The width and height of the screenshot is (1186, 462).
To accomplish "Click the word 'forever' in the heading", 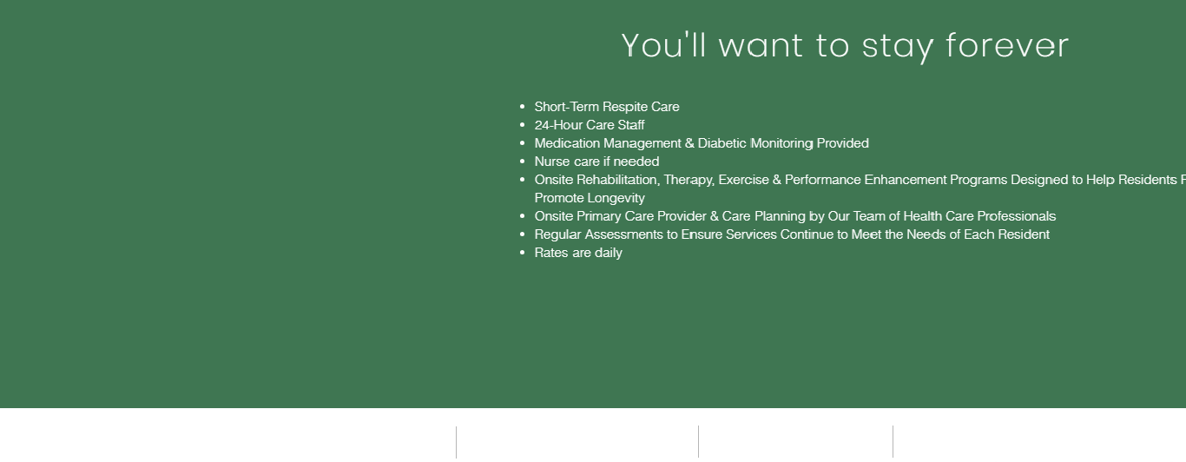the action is click(x=1007, y=45).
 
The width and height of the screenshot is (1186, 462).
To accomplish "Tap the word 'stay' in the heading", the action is click(x=898, y=48).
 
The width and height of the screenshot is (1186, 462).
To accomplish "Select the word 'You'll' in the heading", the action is click(x=664, y=44).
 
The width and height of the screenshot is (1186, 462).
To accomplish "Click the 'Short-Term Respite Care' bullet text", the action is click(x=607, y=107).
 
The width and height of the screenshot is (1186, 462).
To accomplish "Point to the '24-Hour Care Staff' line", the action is click(x=590, y=125).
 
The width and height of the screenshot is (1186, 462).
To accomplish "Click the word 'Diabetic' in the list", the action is click(x=722, y=143).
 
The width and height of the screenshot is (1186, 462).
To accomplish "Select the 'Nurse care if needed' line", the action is click(x=596, y=162).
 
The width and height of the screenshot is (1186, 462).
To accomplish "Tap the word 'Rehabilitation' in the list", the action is click(x=617, y=180).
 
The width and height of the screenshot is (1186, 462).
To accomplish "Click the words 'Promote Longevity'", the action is click(x=590, y=198).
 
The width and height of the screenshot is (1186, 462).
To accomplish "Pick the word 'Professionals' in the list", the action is click(x=1017, y=216).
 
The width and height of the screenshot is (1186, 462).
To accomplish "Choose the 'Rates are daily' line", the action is click(x=578, y=253).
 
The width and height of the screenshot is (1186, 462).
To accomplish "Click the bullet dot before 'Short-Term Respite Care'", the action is click(x=523, y=107).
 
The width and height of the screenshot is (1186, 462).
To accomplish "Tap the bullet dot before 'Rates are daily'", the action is click(x=523, y=253).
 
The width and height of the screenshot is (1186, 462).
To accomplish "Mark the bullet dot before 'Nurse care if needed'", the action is click(x=523, y=162).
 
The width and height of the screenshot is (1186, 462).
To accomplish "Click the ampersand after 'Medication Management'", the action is click(x=689, y=143).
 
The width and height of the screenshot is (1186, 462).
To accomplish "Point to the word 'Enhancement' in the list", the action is click(x=906, y=180).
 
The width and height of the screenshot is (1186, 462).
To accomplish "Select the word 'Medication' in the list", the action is click(x=568, y=143).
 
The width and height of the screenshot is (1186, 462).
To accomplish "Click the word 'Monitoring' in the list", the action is click(x=782, y=143).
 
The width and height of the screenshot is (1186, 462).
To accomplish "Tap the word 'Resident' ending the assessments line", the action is click(x=1024, y=234).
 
